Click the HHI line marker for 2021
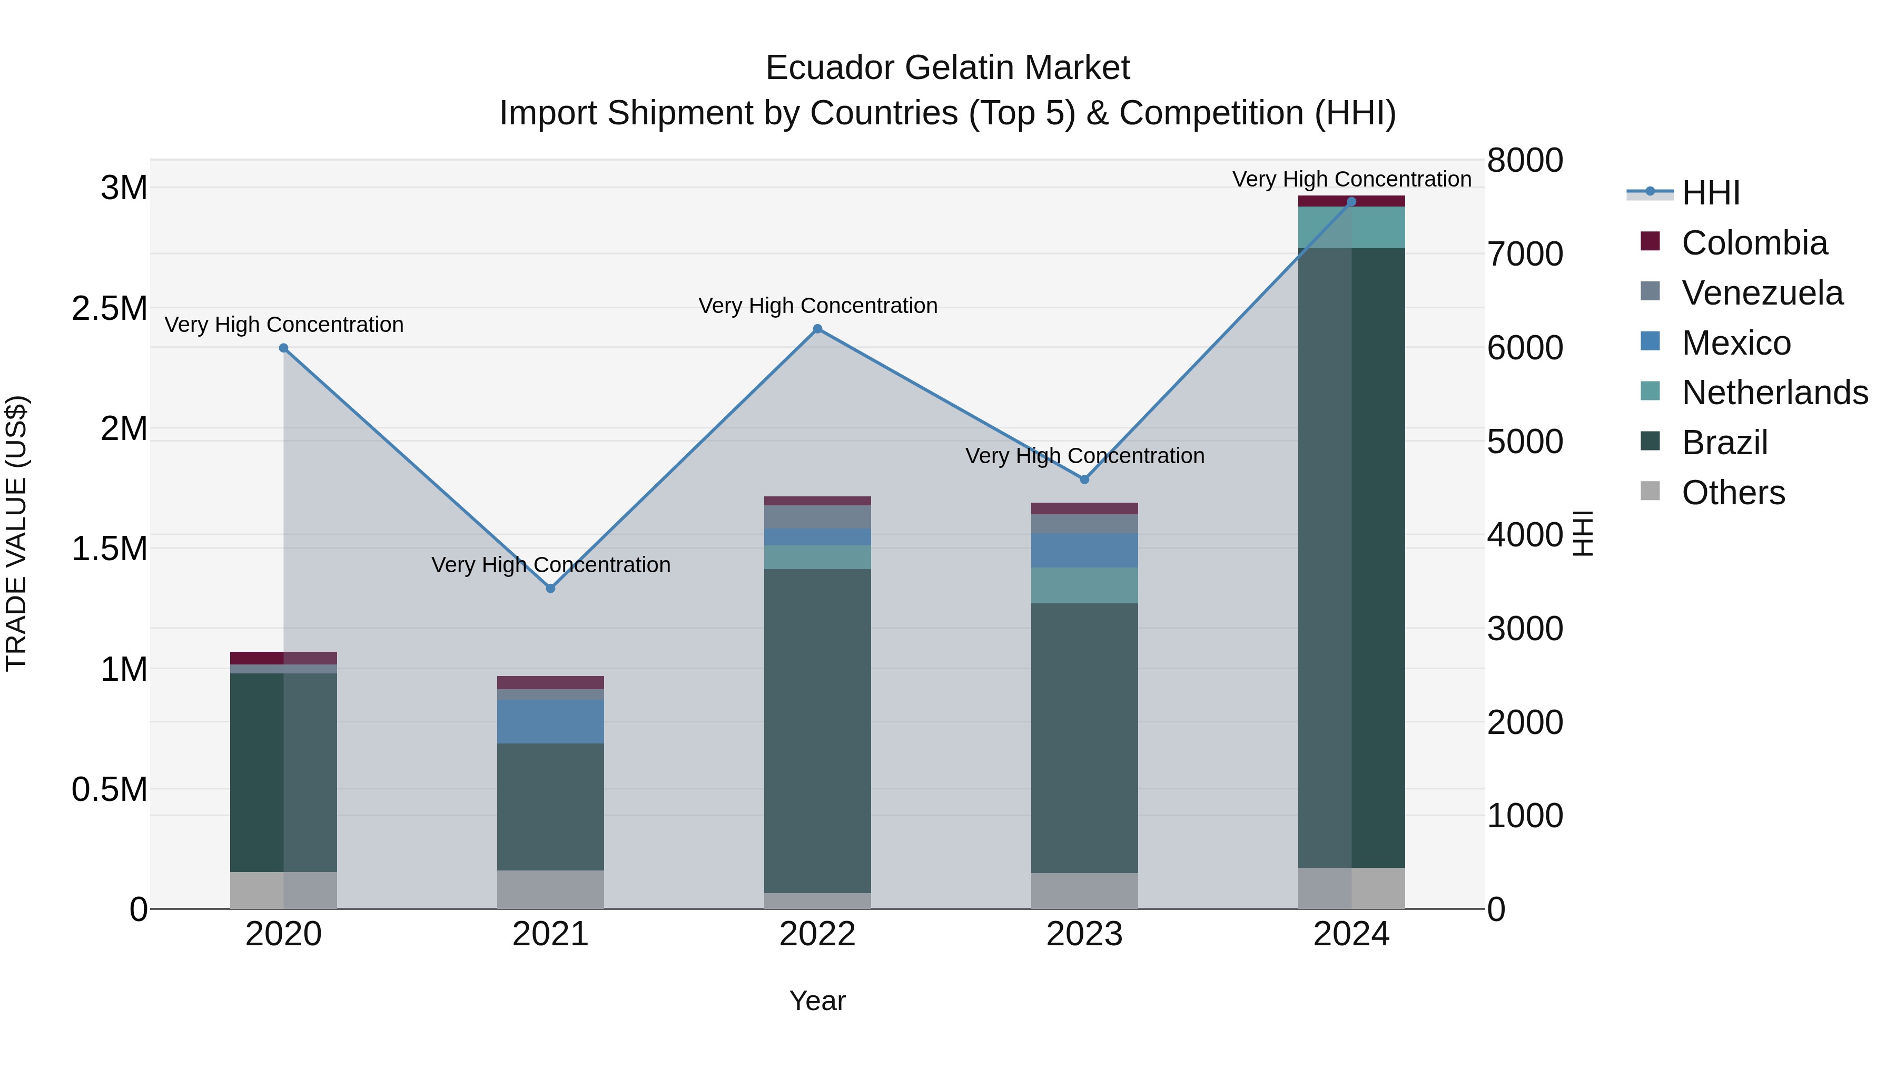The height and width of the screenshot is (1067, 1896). [550, 589]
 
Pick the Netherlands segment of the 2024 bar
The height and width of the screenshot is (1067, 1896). [1351, 228]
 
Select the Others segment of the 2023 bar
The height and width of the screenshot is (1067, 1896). [1084, 890]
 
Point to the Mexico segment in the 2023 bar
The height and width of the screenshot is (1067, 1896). [1084, 550]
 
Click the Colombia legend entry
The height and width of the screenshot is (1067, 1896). [1754, 243]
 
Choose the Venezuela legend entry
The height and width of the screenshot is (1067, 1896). [1762, 293]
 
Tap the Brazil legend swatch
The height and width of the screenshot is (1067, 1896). [1651, 442]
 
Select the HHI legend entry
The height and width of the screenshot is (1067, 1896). [1711, 193]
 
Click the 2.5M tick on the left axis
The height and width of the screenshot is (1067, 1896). [109, 309]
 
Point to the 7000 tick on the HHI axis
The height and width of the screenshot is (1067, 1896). [1525, 254]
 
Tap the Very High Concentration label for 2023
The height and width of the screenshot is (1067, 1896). [1084, 456]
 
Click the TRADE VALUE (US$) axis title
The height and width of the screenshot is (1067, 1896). [16, 533]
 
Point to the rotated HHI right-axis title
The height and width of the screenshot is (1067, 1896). [1583, 533]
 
